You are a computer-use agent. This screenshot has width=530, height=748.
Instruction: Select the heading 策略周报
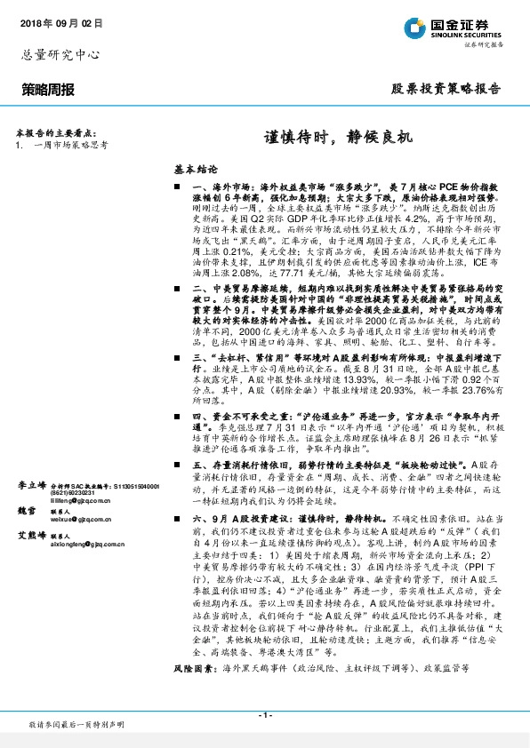point(48,90)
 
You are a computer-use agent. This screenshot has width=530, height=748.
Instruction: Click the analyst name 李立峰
point(31,485)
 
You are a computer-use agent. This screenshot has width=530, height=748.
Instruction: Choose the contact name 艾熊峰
point(31,536)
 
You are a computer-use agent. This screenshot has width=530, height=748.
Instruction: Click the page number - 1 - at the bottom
point(264,714)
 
